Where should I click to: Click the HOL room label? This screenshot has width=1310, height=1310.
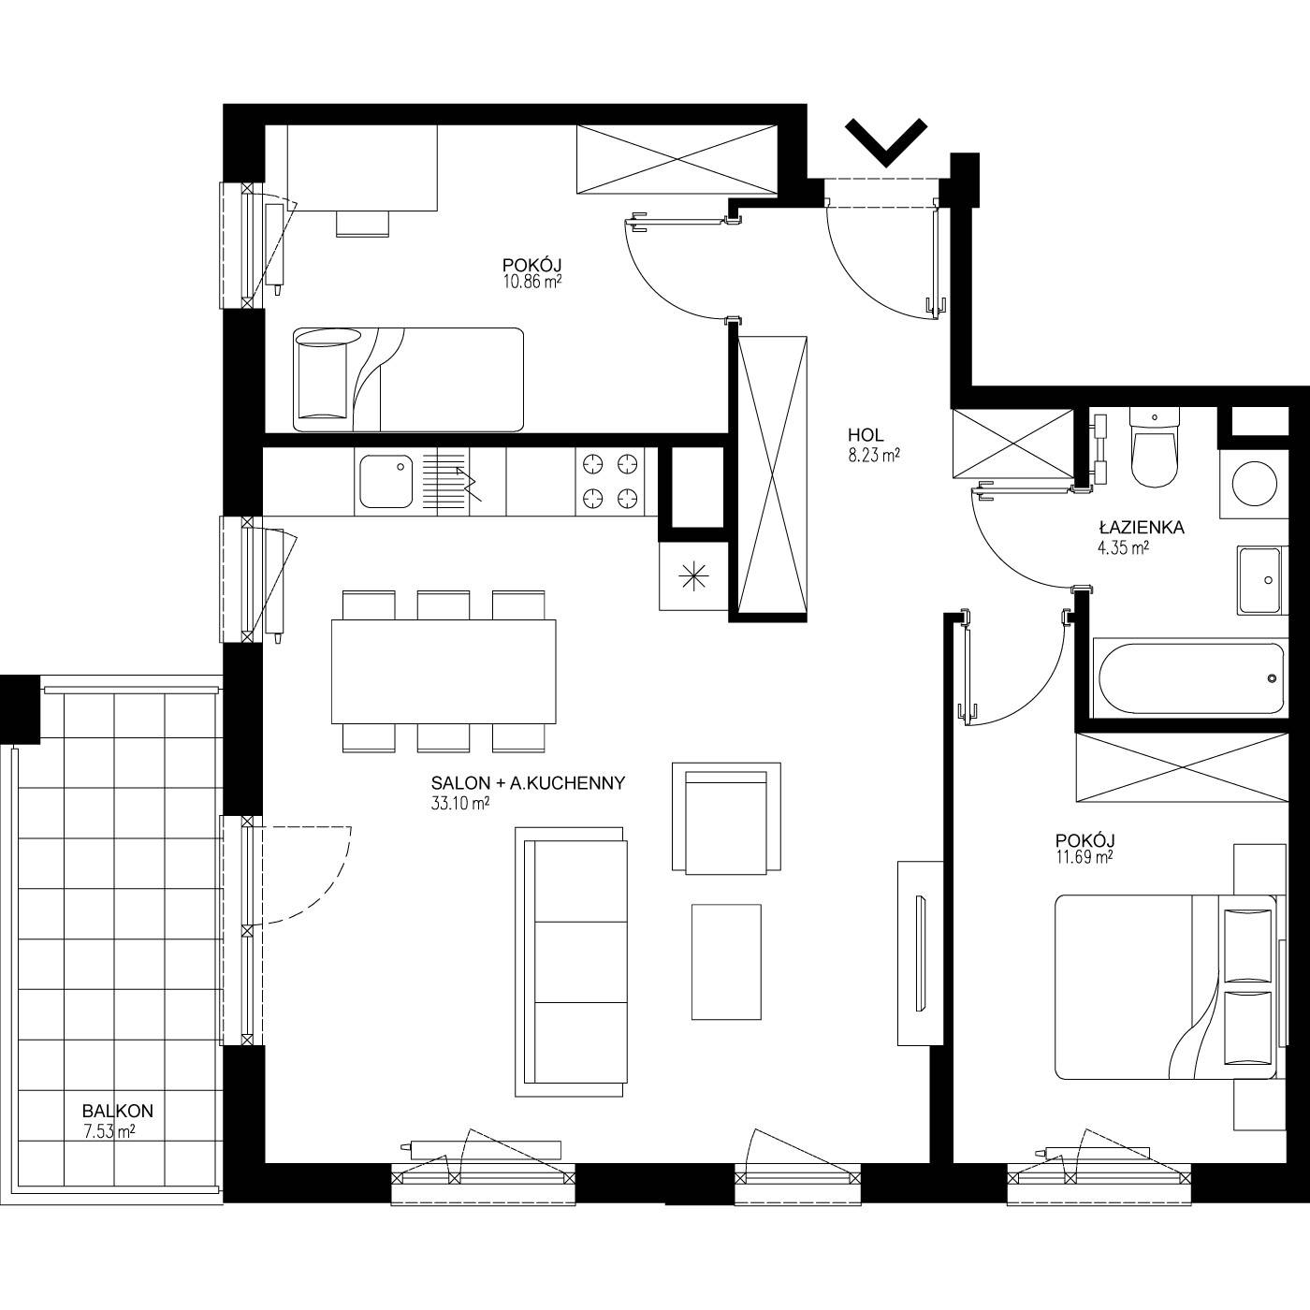click(866, 434)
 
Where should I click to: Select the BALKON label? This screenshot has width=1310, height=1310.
click(118, 1111)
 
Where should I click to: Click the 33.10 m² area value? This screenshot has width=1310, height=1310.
click(460, 804)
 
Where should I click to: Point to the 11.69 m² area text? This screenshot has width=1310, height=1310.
click(1084, 857)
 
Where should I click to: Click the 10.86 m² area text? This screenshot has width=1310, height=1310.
click(532, 282)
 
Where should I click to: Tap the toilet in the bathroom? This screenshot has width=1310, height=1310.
click(1155, 446)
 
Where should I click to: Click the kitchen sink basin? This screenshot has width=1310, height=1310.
click(386, 481)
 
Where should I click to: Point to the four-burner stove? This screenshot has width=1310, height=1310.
click(609, 481)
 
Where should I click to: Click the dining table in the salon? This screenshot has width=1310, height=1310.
click(444, 672)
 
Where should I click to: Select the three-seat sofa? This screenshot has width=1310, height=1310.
click(570, 961)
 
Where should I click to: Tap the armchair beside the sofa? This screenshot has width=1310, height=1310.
click(726, 817)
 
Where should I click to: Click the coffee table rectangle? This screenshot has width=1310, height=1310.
click(726, 962)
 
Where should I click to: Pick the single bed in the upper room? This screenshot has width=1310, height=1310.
click(409, 379)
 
